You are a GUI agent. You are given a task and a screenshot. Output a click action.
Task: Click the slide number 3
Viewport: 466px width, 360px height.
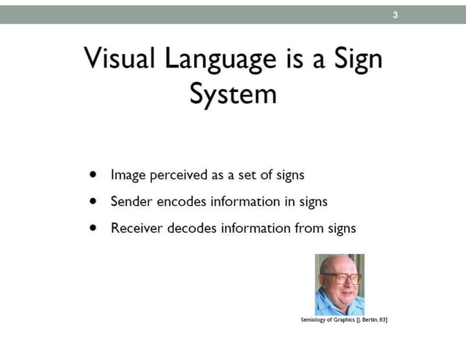[396, 14]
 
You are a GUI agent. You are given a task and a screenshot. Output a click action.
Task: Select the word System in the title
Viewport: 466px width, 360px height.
[232, 95]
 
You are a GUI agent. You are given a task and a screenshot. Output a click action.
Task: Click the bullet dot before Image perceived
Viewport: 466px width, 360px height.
[92, 175]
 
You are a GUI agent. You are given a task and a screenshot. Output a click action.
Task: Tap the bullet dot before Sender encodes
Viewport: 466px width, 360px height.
[92, 202]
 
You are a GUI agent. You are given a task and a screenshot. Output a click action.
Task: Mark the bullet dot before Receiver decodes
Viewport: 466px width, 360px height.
[92, 228]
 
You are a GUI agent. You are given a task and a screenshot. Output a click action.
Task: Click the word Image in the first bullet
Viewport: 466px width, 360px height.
[126, 175]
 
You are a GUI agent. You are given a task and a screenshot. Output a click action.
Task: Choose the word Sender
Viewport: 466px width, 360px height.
[130, 202]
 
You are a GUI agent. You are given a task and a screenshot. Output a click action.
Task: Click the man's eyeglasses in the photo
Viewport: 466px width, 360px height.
[340, 278]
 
